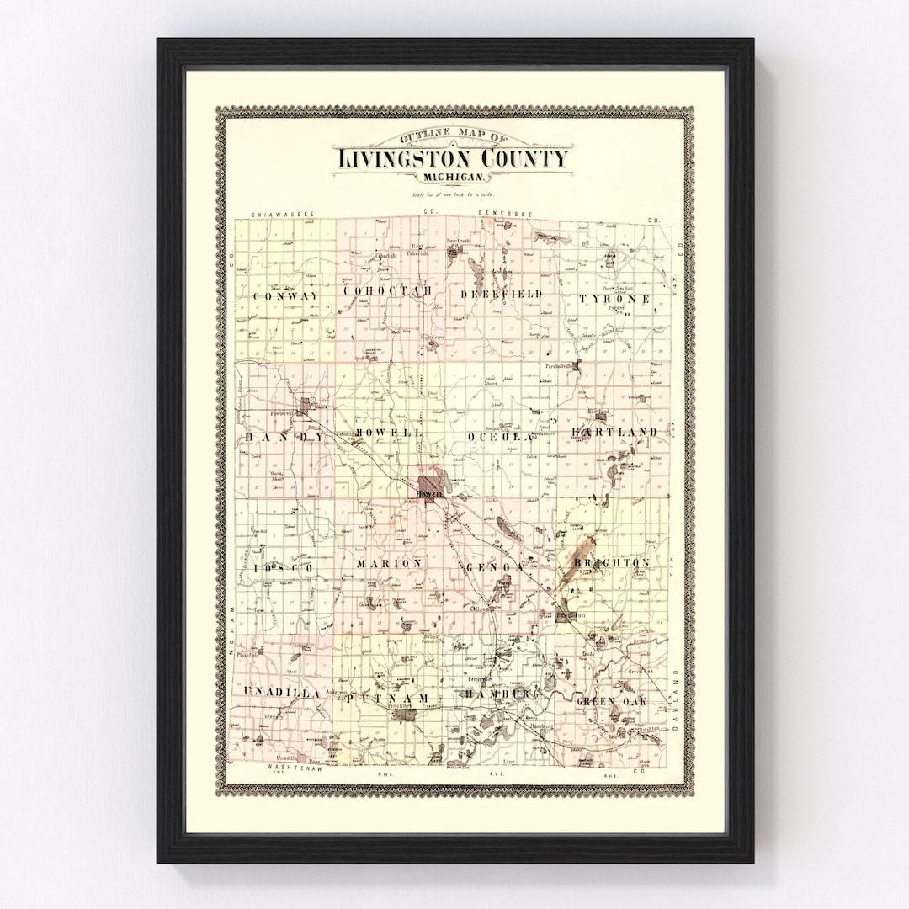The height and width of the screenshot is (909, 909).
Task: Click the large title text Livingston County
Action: point(454,159)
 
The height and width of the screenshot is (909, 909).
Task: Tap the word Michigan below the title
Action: point(454,178)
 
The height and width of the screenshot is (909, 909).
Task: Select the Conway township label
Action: point(286,297)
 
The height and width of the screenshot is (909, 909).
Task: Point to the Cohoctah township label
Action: point(388,291)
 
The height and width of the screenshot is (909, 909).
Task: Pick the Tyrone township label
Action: point(614,299)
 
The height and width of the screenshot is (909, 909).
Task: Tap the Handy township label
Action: point(284,438)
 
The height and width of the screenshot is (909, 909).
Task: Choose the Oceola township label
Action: point(500,437)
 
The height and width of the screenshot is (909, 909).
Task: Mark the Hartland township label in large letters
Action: point(614,432)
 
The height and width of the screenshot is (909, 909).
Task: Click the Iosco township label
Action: point(283,569)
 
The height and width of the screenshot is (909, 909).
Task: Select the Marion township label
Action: point(389,562)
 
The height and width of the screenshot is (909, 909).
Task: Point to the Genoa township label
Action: point(497,568)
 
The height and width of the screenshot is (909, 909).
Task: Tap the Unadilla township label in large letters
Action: point(281,692)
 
